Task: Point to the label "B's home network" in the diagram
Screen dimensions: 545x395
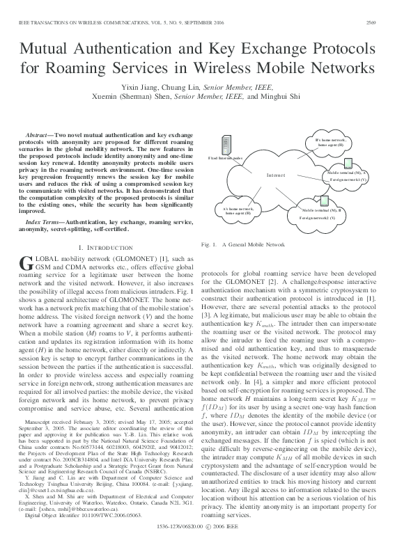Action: click(x=330, y=140)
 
